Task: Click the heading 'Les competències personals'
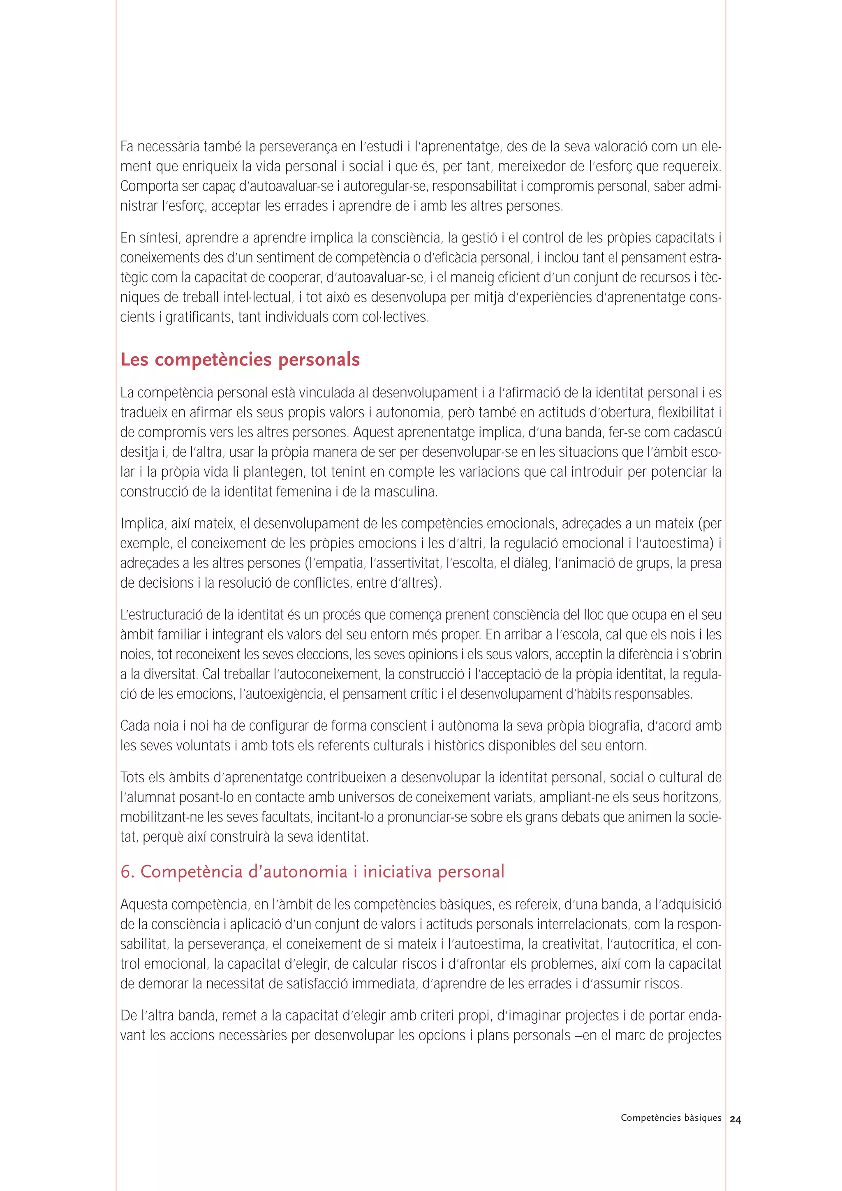240,360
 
